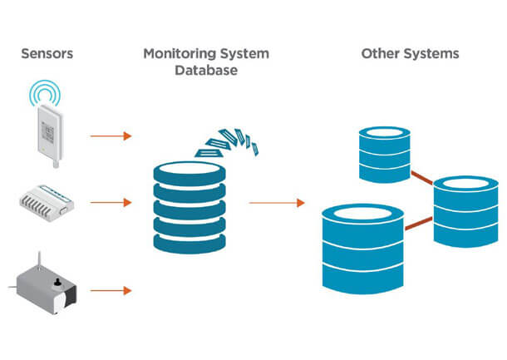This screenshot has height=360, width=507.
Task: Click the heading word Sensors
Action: (47, 54)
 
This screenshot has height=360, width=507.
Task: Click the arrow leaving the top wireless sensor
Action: (111, 135)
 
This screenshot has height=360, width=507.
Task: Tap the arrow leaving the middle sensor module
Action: (111, 202)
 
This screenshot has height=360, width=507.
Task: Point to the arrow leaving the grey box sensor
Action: (111, 290)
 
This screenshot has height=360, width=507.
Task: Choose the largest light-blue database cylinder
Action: (362, 248)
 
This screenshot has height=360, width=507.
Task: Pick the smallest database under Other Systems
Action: (383, 154)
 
